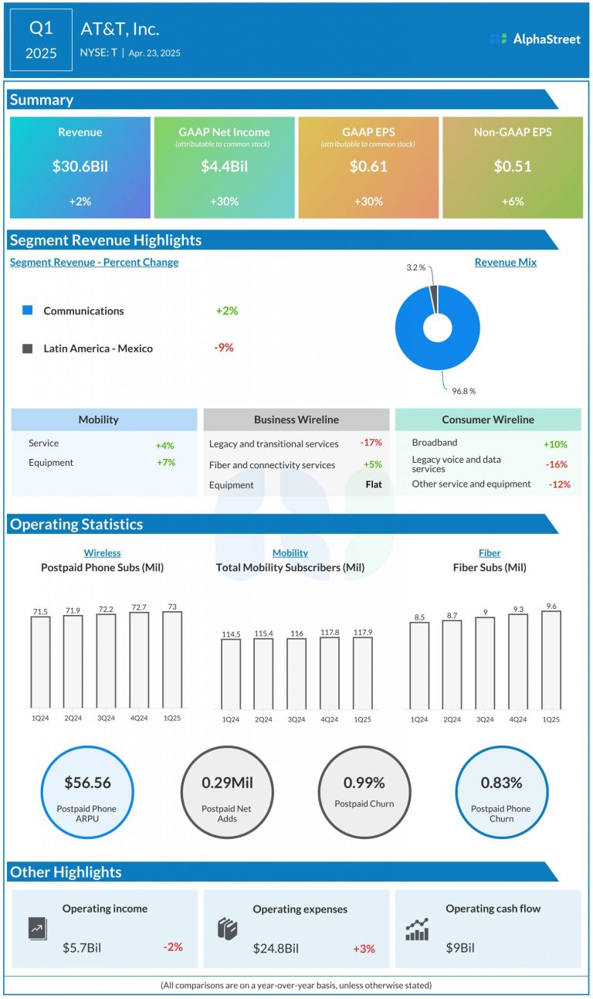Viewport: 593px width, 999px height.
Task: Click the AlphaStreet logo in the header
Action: coord(535,39)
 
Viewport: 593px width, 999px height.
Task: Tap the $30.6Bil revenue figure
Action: coord(80,166)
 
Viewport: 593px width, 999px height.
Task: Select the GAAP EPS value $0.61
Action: coord(368,166)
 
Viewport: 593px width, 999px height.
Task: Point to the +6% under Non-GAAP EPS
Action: coord(513,202)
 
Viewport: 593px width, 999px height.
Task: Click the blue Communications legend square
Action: coord(28,311)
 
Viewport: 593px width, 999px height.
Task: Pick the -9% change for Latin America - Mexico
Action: coord(224,348)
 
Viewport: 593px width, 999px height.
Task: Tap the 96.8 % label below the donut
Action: coord(464,391)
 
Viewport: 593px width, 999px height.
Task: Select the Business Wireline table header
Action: coord(296,420)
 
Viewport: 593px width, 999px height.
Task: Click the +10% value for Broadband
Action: coord(555,444)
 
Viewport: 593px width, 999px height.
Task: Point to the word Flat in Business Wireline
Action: coord(374,485)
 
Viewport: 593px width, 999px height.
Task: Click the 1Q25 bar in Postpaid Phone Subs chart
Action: coord(172,660)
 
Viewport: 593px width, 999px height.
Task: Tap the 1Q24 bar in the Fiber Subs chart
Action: coord(419,665)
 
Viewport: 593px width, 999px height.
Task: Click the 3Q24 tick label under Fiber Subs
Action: coord(485,719)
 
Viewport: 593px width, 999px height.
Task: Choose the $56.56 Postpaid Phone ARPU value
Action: coord(86,783)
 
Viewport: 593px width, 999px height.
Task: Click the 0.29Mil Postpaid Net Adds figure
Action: coord(227,783)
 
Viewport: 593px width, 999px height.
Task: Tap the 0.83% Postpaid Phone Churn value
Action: coord(501,783)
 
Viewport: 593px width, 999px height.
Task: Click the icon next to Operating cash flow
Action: coord(417,929)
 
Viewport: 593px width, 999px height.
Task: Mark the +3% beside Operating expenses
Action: coord(364,948)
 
